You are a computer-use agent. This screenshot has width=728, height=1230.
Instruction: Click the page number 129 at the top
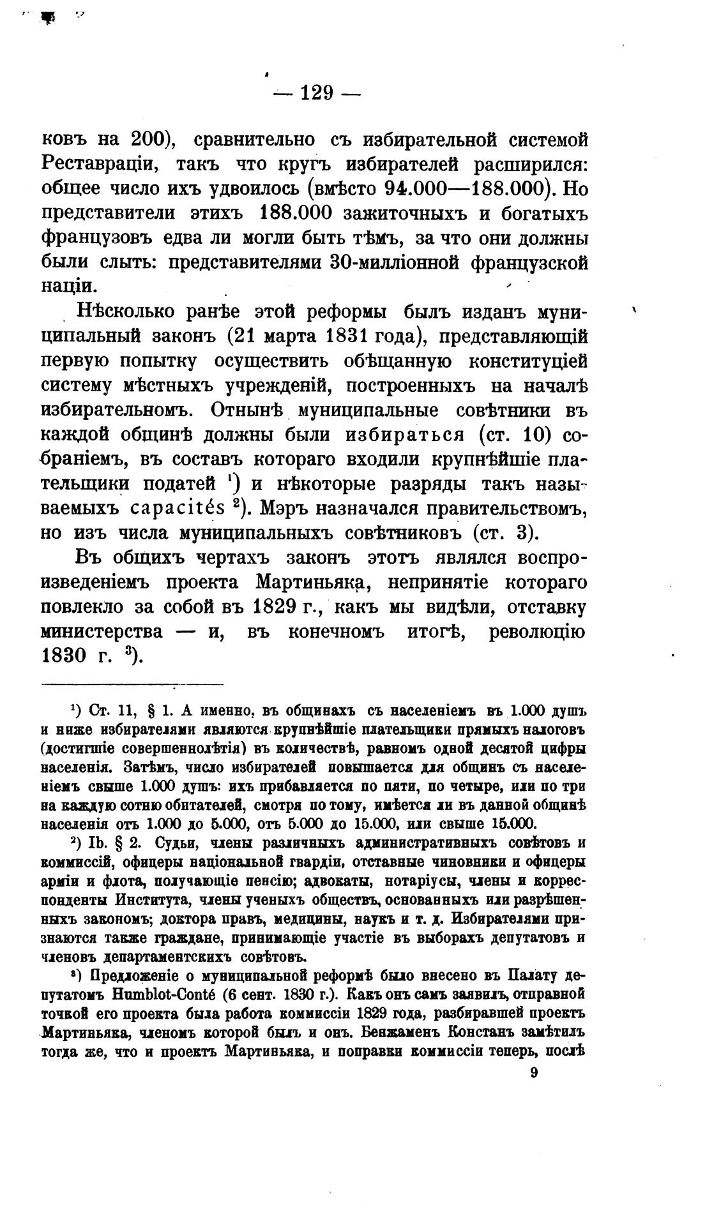[316, 93]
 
